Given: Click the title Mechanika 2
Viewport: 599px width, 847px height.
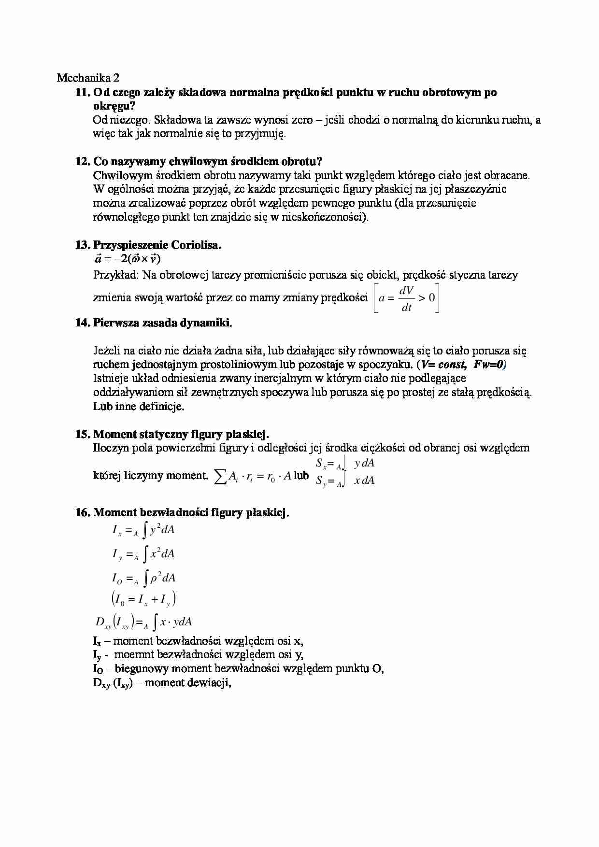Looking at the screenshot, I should pyautogui.click(x=88, y=78).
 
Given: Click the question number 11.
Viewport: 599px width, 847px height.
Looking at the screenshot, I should pyautogui.click(x=83, y=92).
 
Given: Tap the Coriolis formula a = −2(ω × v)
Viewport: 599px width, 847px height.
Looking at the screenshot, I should pyautogui.click(x=127, y=259).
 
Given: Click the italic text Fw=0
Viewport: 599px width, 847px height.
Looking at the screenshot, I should pyautogui.click(x=489, y=365).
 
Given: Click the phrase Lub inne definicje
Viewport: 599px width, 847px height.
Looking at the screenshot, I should pyautogui.click(x=139, y=406).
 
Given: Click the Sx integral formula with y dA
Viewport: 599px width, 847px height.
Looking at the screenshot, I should pyautogui.click(x=345, y=464).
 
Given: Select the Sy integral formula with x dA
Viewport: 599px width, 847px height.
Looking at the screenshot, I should pyautogui.click(x=345, y=481).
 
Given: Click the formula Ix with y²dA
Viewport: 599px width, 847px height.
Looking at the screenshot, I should pyautogui.click(x=143, y=530).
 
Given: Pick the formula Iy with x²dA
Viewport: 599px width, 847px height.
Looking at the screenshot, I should pyautogui.click(x=143, y=554).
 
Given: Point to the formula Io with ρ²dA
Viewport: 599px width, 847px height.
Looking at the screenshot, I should pyautogui.click(x=143, y=578).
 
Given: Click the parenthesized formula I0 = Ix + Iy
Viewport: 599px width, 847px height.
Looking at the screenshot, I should pyautogui.click(x=143, y=600).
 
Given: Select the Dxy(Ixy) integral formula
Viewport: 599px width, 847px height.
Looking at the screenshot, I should pyautogui.click(x=144, y=622).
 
